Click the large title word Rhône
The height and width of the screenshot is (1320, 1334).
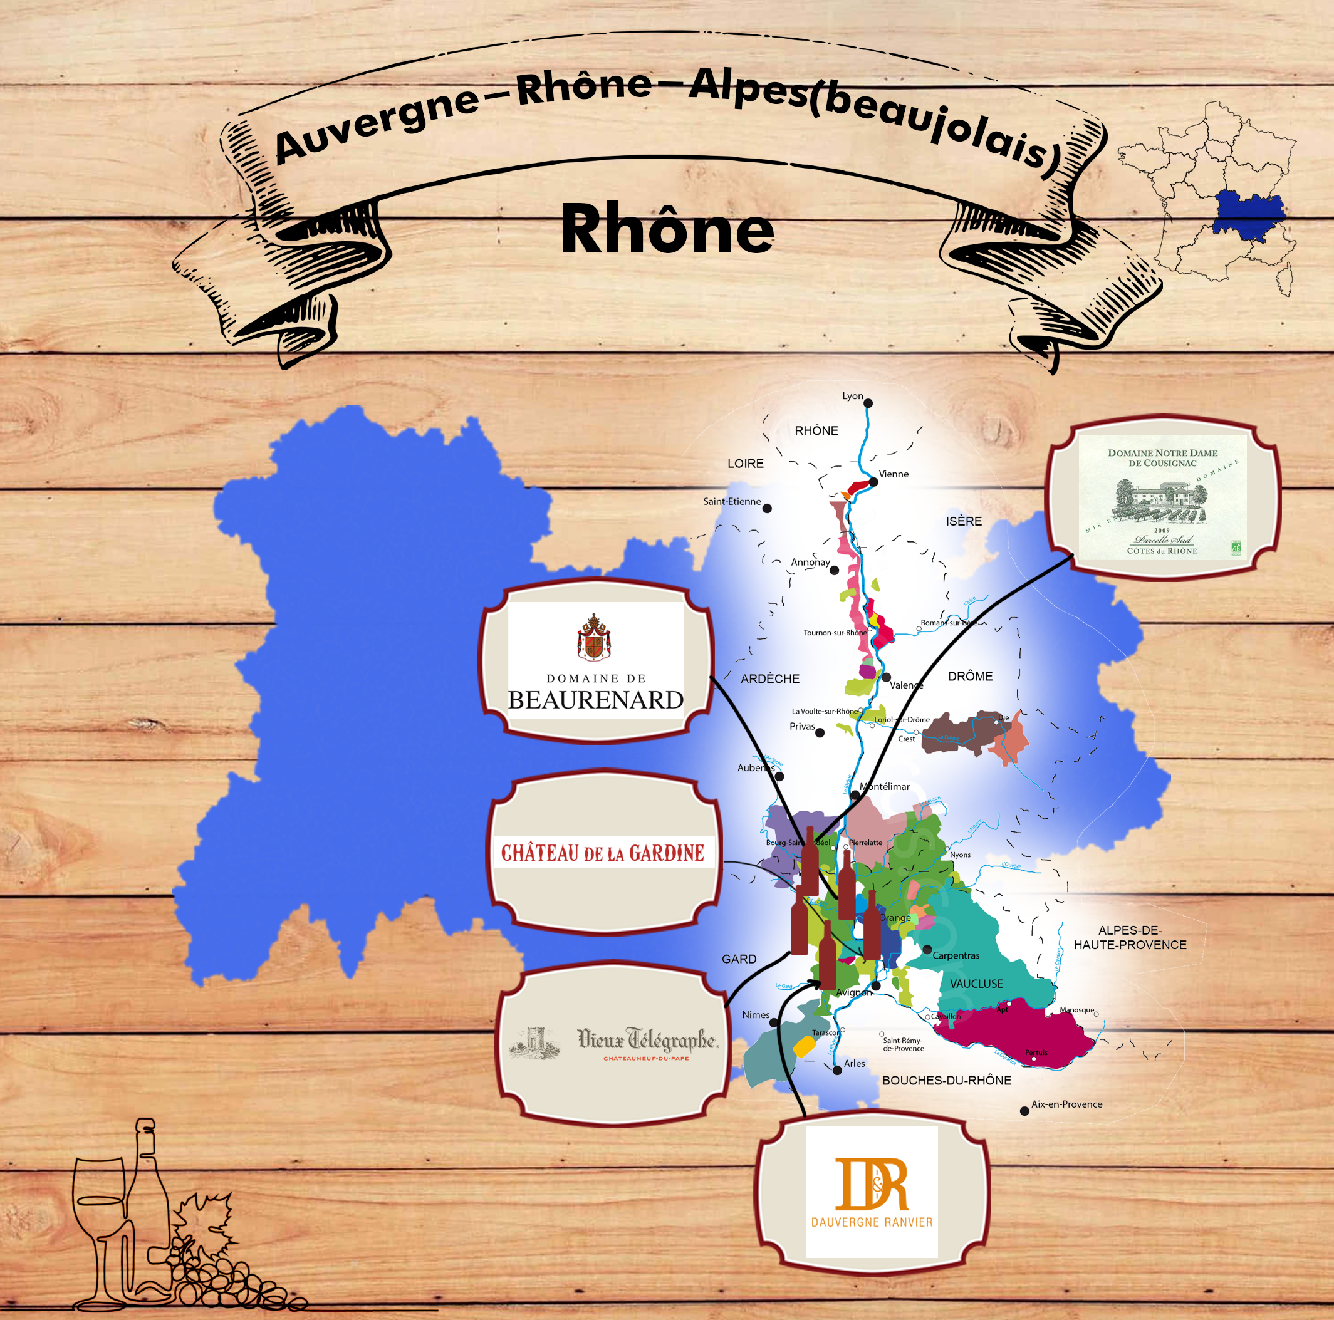(x=667, y=230)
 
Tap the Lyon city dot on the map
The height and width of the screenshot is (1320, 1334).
(x=868, y=403)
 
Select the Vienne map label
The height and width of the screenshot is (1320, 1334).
(x=894, y=474)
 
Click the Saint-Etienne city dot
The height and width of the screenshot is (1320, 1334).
(x=767, y=509)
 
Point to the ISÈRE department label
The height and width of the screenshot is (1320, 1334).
(x=964, y=521)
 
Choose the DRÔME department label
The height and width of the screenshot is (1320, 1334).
(x=970, y=677)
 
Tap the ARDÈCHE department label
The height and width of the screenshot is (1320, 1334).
(x=770, y=679)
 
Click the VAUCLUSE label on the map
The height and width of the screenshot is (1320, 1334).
(x=976, y=984)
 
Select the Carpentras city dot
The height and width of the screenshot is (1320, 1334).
(x=927, y=950)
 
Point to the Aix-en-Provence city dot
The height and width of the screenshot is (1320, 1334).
(x=1024, y=1111)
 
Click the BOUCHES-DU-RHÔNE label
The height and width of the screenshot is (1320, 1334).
(x=947, y=1081)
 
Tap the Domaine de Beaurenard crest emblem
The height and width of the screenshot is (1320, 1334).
(x=594, y=637)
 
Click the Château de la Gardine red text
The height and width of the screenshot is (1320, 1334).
(x=603, y=853)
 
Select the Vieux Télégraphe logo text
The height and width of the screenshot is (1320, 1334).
(x=648, y=1038)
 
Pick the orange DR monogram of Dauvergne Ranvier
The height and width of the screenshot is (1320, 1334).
(x=872, y=1185)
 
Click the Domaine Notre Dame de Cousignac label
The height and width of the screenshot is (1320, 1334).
(x=1163, y=497)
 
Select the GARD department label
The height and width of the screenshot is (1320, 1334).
(x=739, y=960)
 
